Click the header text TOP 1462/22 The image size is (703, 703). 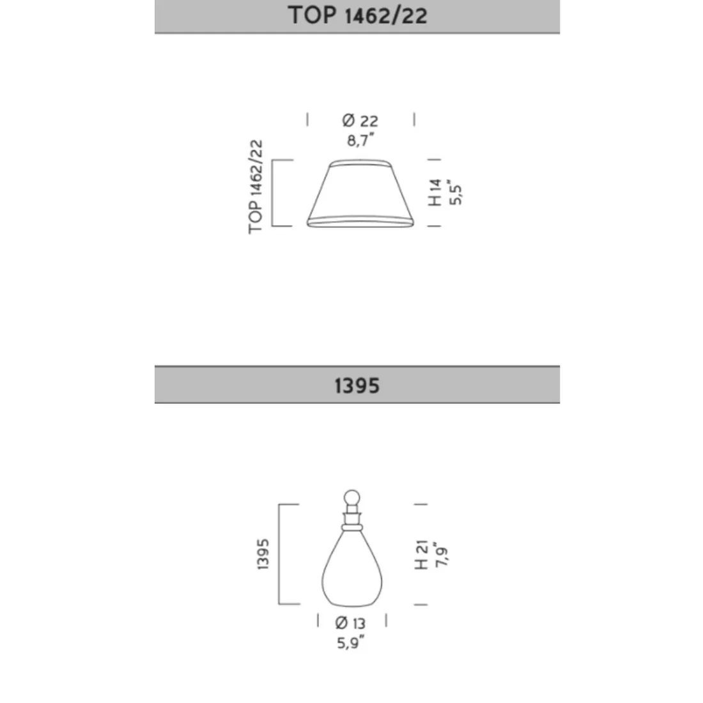(x=357, y=15)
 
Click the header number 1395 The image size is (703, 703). (x=357, y=385)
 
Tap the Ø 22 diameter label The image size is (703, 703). (x=360, y=120)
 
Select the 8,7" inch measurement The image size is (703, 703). (x=360, y=140)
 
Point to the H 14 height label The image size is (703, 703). (x=435, y=192)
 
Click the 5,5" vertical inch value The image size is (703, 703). (x=455, y=192)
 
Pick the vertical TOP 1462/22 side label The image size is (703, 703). (x=256, y=187)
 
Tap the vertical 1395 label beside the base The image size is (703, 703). (x=264, y=554)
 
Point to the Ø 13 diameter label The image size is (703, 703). (x=350, y=623)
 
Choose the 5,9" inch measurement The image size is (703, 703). (x=351, y=643)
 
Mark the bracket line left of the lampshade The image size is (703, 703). (x=273, y=192)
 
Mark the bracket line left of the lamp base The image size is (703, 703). (x=280, y=554)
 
